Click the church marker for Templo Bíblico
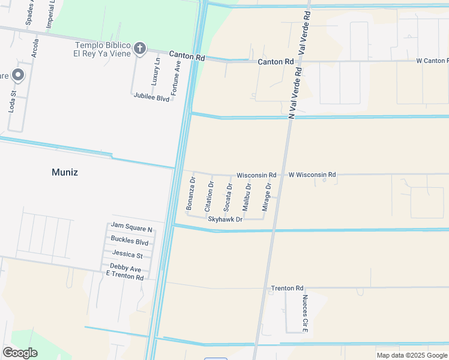(x=140, y=48)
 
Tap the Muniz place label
(x=65, y=173)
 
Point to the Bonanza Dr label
(x=191, y=193)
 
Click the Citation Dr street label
(x=209, y=196)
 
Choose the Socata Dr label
(x=228, y=197)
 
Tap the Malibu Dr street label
(x=247, y=197)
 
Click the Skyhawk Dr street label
(x=225, y=220)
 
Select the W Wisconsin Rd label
(x=312, y=175)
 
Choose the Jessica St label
(x=127, y=255)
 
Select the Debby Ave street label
(x=125, y=268)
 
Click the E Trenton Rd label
(x=125, y=277)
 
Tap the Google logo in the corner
(x=20, y=353)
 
